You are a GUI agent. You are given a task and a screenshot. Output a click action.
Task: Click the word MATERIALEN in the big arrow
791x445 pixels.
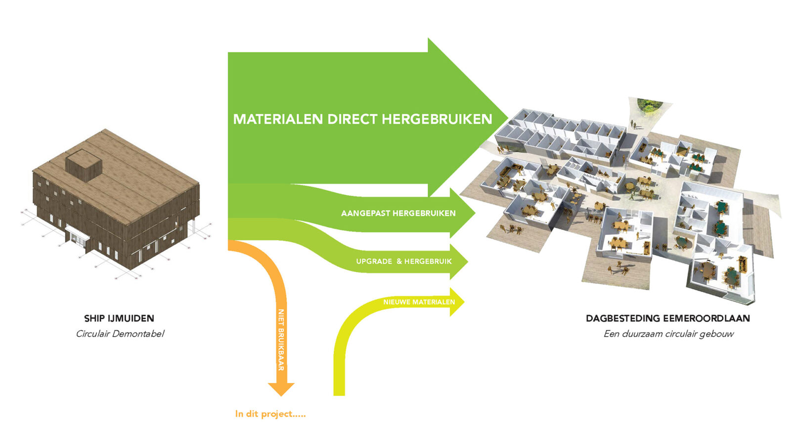click(x=278, y=119)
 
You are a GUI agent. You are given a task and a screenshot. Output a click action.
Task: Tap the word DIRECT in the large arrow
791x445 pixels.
click(x=352, y=119)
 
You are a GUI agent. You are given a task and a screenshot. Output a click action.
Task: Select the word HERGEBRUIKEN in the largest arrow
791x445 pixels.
click(x=437, y=119)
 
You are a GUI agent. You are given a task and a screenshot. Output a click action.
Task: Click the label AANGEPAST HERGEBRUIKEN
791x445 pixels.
click(x=398, y=214)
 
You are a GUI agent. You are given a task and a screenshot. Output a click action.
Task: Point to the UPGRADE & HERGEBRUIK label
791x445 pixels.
click(x=404, y=261)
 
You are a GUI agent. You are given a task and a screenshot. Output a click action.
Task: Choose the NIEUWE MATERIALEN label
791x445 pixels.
click(x=419, y=302)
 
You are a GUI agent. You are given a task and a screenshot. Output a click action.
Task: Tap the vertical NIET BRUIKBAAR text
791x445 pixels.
click(x=281, y=340)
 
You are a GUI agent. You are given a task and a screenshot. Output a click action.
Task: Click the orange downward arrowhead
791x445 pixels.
click(x=281, y=389)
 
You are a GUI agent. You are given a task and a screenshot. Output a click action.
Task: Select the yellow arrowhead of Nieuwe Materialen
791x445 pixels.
click(x=457, y=302)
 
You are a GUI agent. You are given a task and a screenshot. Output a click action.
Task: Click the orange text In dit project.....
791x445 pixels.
click(x=270, y=414)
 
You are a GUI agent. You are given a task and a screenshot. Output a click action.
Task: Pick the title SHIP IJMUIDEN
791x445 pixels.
click(x=119, y=318)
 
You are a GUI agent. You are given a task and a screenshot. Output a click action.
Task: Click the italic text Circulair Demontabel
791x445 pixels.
click(x=120, y=334)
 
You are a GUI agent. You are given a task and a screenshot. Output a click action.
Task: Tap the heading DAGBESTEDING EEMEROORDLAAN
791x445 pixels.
click(x=668, y=318)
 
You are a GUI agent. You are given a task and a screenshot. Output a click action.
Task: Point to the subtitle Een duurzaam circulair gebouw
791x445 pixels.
click(x=668, y=334)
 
